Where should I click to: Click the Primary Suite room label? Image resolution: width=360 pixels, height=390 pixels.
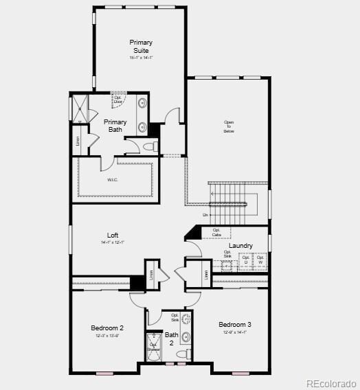(141, 46)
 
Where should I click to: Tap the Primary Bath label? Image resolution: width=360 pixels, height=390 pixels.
(115, 126)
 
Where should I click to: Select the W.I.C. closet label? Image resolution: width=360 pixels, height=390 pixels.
(113, 180)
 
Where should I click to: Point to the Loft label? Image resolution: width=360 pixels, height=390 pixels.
(113, 235)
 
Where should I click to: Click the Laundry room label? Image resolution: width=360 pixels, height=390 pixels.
(240, 245)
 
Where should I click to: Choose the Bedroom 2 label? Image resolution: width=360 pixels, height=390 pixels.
(107, 328)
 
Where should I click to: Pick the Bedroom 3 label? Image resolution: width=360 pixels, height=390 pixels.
(235, 324)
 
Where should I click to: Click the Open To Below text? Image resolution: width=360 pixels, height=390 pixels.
(229, 127)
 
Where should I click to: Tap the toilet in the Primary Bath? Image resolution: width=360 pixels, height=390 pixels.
(151, 146)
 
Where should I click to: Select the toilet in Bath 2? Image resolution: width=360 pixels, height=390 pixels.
(183, 354)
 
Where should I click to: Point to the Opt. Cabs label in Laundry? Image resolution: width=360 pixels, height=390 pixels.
(216, 233)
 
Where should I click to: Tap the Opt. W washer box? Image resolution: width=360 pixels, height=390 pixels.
(260, 261)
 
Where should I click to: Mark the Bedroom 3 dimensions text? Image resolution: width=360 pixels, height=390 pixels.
(234, 332)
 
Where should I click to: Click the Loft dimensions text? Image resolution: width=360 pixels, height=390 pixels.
(113, 242)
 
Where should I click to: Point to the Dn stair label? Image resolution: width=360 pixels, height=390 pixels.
(205, 215)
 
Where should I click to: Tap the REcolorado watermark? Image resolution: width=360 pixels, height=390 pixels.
(331, 383)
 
